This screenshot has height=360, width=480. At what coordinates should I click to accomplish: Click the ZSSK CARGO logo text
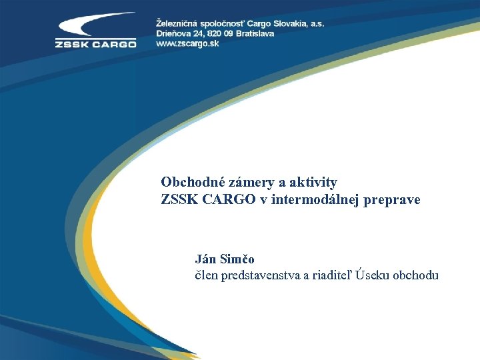95,45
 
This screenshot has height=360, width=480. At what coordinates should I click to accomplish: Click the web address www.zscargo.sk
189,43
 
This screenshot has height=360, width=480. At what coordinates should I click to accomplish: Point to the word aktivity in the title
313,182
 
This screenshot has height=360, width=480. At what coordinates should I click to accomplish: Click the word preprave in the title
394,199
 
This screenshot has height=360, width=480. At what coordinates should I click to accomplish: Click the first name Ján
205,259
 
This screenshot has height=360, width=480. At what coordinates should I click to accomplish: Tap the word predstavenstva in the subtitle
261,275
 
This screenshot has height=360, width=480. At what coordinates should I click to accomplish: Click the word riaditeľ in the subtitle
331,275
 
